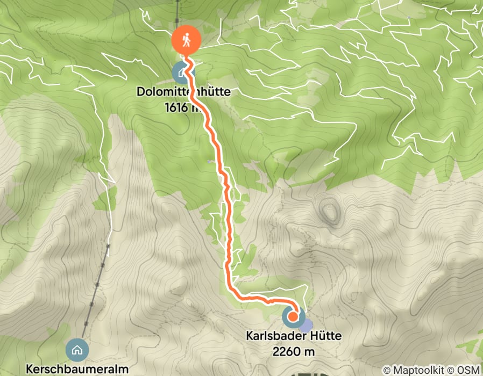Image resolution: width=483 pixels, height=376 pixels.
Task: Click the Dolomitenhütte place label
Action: [183, 92]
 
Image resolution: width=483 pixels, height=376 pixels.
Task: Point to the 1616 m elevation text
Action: [183, 107]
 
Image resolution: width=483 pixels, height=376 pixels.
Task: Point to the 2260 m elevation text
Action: [294, 351]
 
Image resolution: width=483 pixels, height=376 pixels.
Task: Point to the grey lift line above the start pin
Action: [177, 11]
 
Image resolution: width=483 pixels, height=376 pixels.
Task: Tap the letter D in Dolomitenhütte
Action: [140, 92]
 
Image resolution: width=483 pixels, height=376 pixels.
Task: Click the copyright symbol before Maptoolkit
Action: [387, 370]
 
